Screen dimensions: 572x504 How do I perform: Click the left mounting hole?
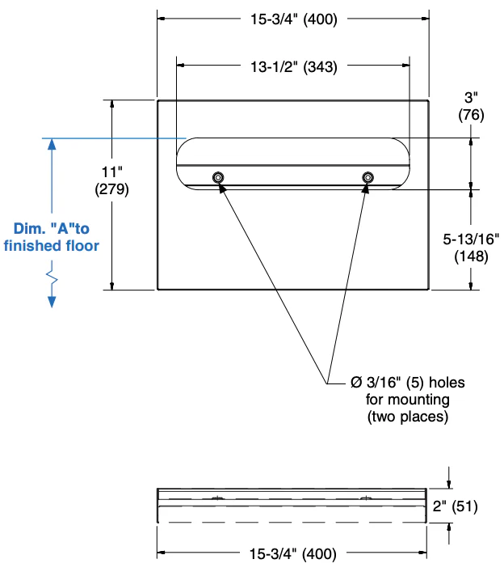click(218, 177)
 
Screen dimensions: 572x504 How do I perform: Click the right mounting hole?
click(368, 177)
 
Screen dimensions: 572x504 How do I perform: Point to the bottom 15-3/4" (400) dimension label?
click(292, 554)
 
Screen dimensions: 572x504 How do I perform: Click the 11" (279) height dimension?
click(111, 180)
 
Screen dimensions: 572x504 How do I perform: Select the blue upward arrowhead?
click(52, 145)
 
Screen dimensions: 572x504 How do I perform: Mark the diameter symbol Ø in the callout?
click(355, 382)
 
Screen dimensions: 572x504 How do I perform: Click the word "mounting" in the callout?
click(417, 400)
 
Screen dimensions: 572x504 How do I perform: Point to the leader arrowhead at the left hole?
click(221, 188)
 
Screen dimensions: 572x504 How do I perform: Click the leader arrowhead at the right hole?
click(367, 189)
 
